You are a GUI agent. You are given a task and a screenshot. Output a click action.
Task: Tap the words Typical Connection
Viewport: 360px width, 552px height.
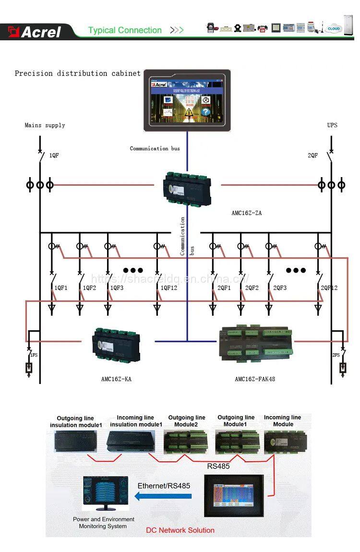click(x=125, y=30)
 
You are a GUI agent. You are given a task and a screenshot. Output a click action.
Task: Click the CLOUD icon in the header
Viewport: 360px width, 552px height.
click(x=334, y=29)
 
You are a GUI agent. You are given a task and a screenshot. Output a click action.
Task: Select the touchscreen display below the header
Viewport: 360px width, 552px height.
click(x=187, y=100)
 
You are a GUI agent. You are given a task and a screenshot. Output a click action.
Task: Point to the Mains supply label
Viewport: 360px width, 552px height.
click(x=45, y=125)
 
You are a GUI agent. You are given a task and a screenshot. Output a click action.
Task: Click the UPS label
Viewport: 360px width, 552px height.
click(x=332, y=125)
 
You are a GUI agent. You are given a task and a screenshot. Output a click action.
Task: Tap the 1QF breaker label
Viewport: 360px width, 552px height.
click(x=54, y=156)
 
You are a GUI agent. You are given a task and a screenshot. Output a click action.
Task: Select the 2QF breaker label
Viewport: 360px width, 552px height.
click(x=312, y=156)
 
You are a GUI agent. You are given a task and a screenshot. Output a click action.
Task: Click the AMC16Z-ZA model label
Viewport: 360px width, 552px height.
click(x=246, y=213)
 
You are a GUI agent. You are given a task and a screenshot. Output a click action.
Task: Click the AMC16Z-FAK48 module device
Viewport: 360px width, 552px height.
click(x=254, y=342)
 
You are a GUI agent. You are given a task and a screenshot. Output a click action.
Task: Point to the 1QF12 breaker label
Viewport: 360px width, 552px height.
click(x=168, y=288)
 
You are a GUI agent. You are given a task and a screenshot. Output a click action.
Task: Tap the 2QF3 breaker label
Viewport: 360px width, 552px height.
click(x=280, y=288)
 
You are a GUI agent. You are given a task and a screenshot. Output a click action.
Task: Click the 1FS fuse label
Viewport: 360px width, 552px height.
click(x=34, y=355)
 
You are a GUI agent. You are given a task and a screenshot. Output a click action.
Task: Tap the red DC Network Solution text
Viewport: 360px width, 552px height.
click(x=180, y=530)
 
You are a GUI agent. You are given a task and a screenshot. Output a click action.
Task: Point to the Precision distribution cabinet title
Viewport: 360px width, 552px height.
click(x=77, y=73)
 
